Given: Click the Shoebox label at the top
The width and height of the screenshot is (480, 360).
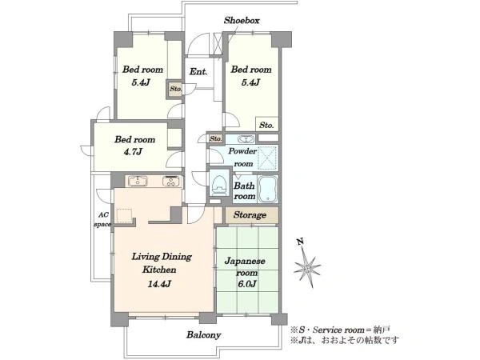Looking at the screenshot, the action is (x=242, y=21).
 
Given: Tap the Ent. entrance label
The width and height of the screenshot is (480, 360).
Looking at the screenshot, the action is (x=198, y=72).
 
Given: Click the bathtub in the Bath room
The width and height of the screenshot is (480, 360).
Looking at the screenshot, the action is (x=267, y=189).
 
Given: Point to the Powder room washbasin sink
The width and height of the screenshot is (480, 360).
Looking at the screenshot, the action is (x=246, y=139).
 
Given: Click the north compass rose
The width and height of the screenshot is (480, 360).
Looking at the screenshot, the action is (x=307, y=267).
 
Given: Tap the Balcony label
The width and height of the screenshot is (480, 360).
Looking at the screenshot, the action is (x=203, y=334).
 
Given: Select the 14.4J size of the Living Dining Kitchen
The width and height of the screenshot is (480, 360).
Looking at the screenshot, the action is (x=159, y=284).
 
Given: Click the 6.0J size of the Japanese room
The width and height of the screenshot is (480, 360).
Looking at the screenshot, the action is (x=246, y=284).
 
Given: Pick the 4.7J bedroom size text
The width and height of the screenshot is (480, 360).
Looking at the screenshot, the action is (x=133, y=151).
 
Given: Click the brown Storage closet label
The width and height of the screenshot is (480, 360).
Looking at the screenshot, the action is (x=250, y=215).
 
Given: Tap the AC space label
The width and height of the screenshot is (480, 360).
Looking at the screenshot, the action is (x=102, y=219).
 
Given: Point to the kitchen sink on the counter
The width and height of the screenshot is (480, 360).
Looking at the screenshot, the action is (x=138, y=182).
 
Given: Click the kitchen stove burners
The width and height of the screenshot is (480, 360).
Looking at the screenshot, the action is (x=171, y=182).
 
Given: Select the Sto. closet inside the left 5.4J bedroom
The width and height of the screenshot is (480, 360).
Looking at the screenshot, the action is (x=176, y=89).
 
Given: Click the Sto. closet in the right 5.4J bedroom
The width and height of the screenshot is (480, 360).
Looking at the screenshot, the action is (x=266, y=125).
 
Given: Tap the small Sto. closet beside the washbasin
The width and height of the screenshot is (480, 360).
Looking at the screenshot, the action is (x=215, y=138).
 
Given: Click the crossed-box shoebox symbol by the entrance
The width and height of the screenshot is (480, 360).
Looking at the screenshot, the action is (x=218, y=44).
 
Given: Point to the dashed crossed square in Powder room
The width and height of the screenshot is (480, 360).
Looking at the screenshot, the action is (x=267, y=158).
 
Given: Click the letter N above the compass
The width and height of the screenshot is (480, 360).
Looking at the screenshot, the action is (x=301, y=242).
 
